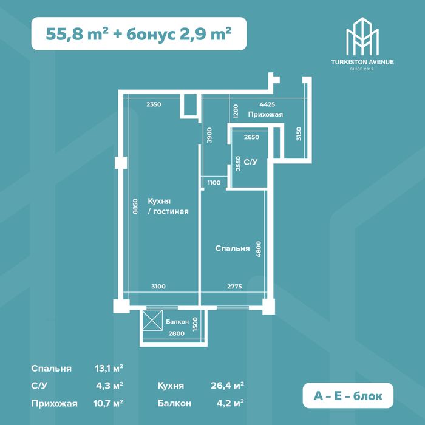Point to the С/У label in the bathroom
pyautogui.click(x=250, y=162)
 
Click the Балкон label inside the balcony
pyautogui.click(x=177, y=321)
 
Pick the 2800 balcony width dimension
pyautogui.click(x=177, y=334)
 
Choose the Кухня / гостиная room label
pyautogui.click(x=168, y=206)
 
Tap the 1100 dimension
pyautogui.click(x=213, y=182)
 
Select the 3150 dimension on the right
pyautogui.click(x=298, y=134)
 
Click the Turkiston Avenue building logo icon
pyautogui.click(x=362, y=36)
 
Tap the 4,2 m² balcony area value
pyautogui.click(x=232, y=402)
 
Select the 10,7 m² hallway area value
pyautogui.click(x=110, y=402)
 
